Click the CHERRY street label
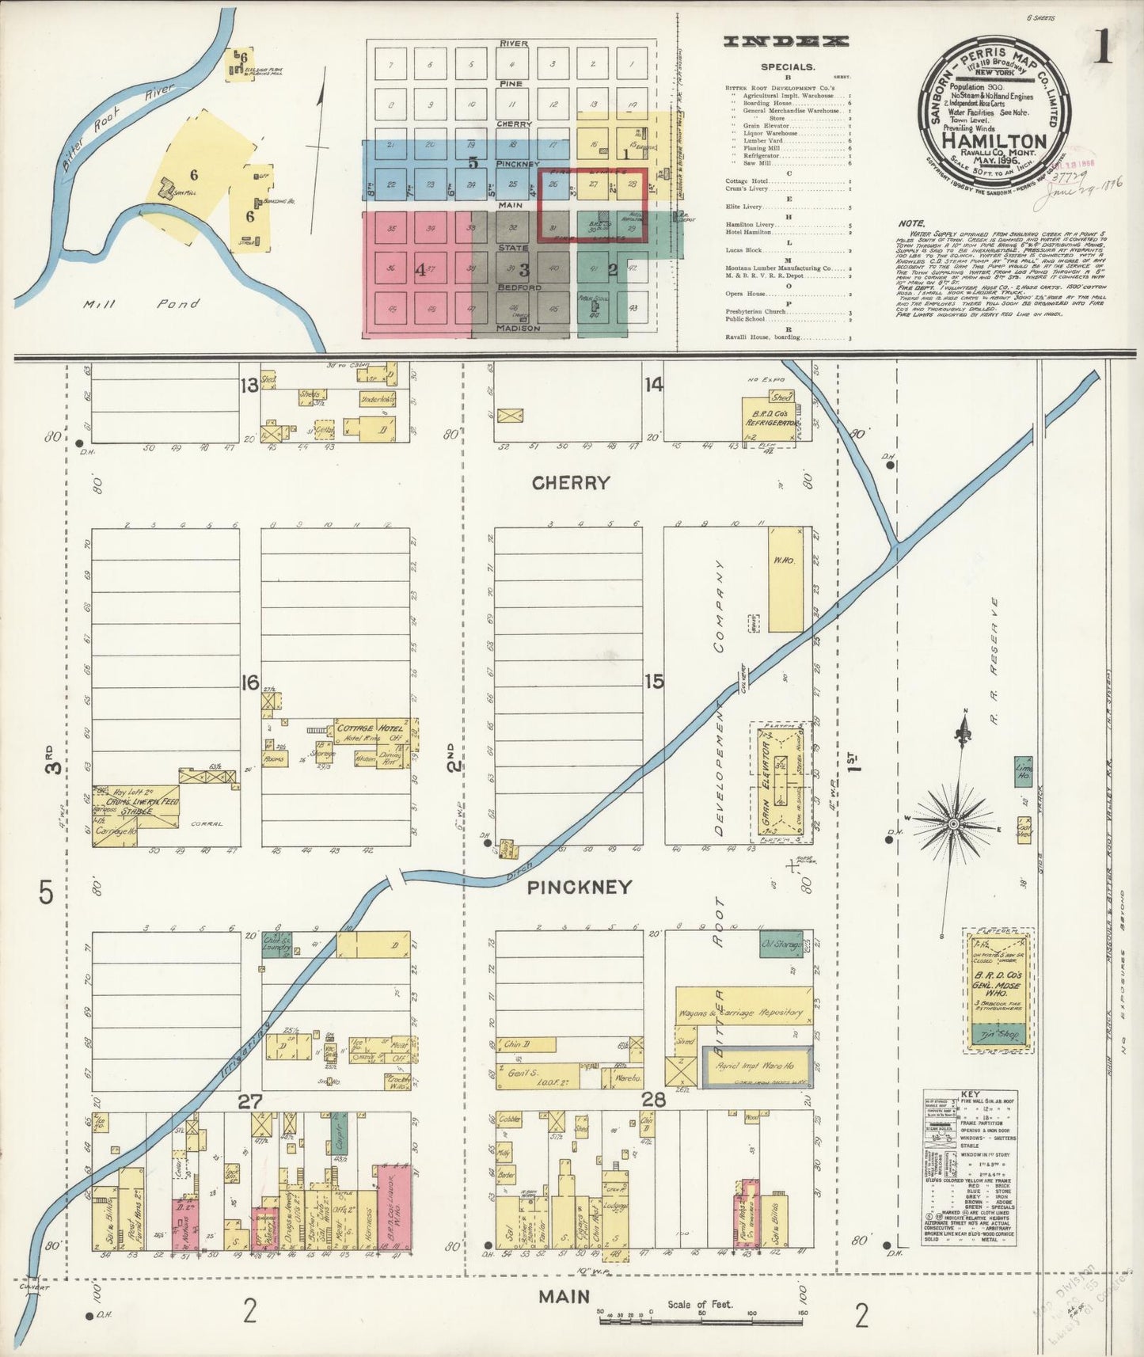point(571,483)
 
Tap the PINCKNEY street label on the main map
point(580,888)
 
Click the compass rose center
point(953,824)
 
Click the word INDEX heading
point(787,41)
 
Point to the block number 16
point(250,682)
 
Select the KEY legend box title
point(969,1095)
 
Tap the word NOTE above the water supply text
point(911,224)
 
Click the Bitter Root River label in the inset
point(119,127)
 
